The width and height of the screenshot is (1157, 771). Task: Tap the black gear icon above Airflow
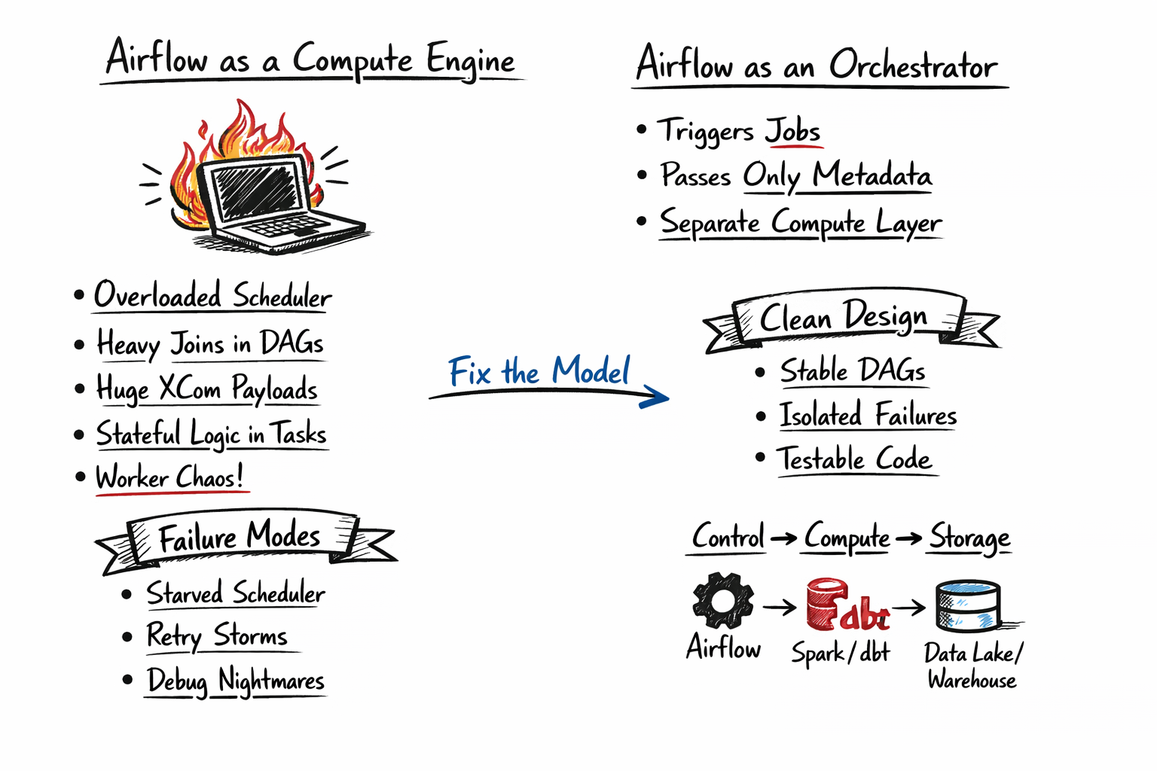722,600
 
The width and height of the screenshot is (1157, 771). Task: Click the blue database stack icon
968,606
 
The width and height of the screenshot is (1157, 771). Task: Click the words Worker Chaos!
169,478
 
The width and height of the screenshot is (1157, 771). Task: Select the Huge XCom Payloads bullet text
207,389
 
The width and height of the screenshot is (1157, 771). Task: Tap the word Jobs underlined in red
792,132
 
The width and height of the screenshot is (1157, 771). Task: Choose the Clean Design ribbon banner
844,318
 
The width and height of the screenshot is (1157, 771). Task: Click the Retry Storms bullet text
217,635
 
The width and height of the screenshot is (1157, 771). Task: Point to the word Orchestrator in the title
913,66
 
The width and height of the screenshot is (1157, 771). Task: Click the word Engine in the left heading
470,60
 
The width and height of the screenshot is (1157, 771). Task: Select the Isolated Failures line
868,416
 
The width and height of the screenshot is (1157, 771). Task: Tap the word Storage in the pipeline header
969,538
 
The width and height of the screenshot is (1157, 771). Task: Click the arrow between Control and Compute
783,538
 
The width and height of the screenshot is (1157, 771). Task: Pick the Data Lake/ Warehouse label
972,666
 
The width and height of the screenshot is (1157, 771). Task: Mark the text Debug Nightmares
236,681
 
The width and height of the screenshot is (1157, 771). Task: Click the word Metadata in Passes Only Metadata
872,175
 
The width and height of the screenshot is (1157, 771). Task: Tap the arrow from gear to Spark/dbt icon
779,607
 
